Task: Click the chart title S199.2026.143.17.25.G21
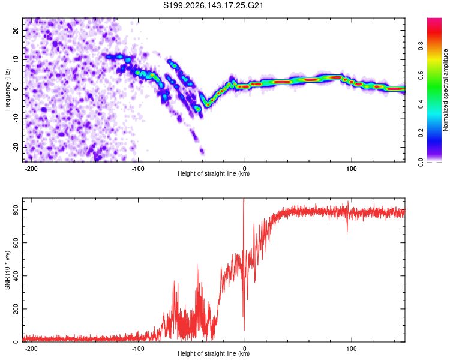[213, 5]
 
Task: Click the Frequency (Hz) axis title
[7, 90]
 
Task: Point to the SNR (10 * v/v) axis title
[7, 270]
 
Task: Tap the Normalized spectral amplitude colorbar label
[445, 90]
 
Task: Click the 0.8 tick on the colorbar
[421, 46]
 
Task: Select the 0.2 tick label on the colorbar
[421, 133]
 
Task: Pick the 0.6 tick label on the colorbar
[421, 75]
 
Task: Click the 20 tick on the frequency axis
[16, 31]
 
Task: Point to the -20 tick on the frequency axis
[16, 147]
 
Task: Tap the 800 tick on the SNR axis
[16, 210]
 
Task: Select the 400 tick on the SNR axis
[16, 276]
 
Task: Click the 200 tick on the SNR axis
[16, 309]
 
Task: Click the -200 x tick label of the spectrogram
[31, 169]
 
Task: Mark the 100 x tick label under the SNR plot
[351, 349]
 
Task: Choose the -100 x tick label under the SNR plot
[138, 349]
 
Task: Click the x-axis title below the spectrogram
[214, 173]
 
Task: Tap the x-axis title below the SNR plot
[214, 353]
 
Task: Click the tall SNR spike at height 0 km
[244, 259]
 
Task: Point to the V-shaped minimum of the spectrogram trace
[208, 106]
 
